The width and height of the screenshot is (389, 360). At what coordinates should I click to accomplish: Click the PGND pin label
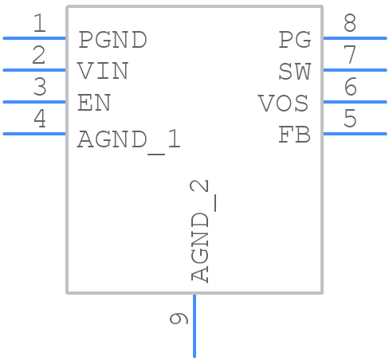point(112,39)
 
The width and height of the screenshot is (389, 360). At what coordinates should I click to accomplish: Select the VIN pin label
point(103,71)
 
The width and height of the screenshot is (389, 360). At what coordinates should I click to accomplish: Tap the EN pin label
point(94,103)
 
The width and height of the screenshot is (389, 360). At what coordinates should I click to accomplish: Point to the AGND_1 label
point(129,139)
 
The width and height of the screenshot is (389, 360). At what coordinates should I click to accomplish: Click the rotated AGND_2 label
point(201,231)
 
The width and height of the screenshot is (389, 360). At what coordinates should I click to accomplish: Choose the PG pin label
point(294,39)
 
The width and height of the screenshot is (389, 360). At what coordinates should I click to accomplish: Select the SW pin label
point(294,71)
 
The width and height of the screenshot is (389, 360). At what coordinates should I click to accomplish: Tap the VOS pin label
point(284,103)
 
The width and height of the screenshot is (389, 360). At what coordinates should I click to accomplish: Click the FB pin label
point(294,135)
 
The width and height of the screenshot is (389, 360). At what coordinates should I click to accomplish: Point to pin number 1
point(39,24)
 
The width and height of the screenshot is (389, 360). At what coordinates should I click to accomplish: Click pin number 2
point(39,56)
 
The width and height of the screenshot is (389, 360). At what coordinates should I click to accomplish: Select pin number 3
point(39,88)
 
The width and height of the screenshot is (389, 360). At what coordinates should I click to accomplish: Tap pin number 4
point(39,119)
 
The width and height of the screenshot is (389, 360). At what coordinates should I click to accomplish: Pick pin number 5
point(349,119)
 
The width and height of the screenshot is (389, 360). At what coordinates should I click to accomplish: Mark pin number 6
point(349,88)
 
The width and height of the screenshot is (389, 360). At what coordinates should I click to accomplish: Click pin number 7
point(349,56)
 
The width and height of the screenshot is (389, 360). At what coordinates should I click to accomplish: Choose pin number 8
point(349,24)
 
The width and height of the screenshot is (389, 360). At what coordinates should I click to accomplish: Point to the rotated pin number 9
point(179,319)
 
